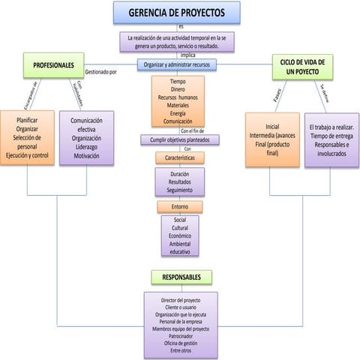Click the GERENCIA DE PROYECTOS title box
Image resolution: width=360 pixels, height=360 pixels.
[x=177, y=12]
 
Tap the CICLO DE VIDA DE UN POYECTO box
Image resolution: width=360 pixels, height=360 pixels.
[x=302, y=67]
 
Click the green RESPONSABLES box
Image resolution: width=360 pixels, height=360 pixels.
[x=181, y=277]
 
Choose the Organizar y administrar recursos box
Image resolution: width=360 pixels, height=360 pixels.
[x=177, y=64]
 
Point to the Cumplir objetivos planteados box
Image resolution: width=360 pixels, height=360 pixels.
[x=180, y=139]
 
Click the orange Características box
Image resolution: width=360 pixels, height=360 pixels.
[x=180, y=158]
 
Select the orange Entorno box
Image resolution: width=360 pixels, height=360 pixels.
[x=180, y=206]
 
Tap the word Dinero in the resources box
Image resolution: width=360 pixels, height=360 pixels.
[x=178, y=89]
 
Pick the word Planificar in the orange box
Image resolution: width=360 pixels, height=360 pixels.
[x=27, y=119]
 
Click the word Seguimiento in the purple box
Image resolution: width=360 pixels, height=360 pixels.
[x=180, y=190]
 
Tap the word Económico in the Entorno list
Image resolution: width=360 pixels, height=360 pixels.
[x=180, y=235]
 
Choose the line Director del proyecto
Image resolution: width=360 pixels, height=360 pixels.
[x=181, y=300]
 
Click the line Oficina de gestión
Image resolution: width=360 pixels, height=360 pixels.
[x=181, y=343]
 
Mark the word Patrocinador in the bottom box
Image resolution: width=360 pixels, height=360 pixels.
[x=181, y=336]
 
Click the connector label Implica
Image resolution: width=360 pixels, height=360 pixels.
[x=188, y=55]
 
